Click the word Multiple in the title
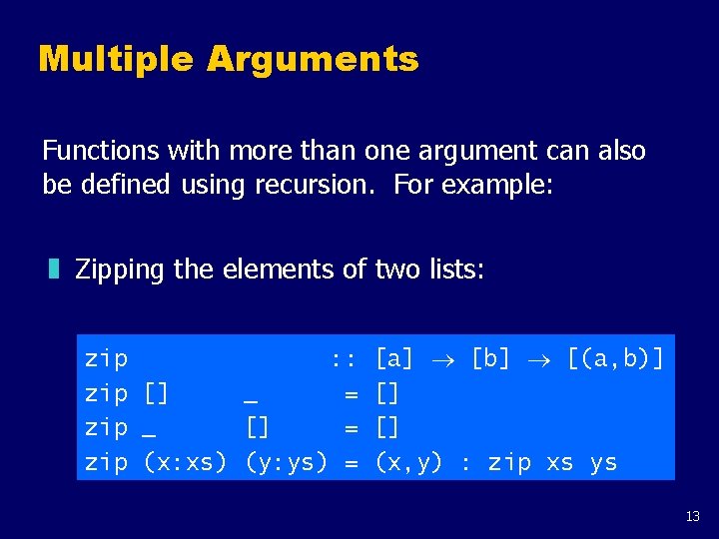coord(115,60)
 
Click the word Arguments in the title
coord(313,60)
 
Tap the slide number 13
coord(693,516)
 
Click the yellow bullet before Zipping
coord(54,269)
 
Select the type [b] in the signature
coord(490,357)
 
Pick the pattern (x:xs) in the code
coord(186,462)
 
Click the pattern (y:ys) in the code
coord(287,462)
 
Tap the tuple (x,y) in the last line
coord(408,462)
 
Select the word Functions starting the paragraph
coord(100,151)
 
